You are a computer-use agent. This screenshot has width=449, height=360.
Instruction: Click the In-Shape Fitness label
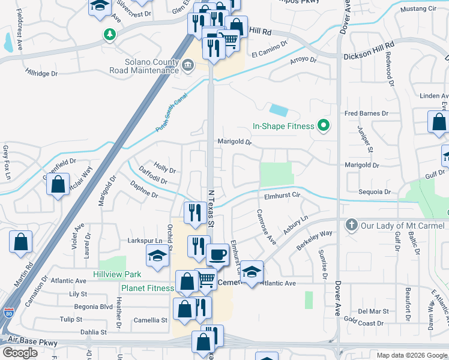tap(283, 126)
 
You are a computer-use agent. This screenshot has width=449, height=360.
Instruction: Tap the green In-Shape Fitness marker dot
tap(324, 125)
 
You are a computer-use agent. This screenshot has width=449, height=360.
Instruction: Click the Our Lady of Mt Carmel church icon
tap(352, 226)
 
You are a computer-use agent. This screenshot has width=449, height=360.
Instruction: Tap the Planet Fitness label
tap(147, 288)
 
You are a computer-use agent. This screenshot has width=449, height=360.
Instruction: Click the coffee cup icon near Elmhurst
tap(217, 254)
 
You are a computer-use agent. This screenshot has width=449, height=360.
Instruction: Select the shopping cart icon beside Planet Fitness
tap(206, 279)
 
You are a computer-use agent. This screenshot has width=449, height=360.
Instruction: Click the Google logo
tap(20, 352)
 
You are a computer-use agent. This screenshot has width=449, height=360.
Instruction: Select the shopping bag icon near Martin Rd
tap(20, 242)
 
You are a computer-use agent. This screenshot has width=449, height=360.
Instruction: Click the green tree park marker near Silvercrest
tap(109, 34)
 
